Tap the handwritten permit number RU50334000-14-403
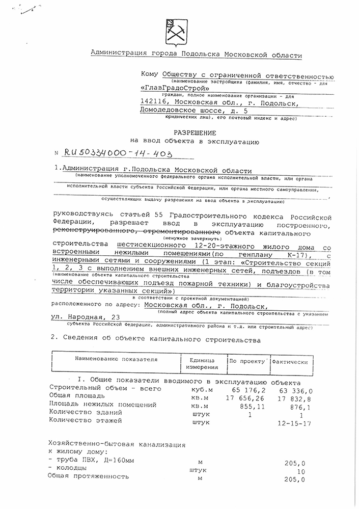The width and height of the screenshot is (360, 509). [x=117, y=152]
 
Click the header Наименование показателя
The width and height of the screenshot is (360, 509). [x=113, y=359]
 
